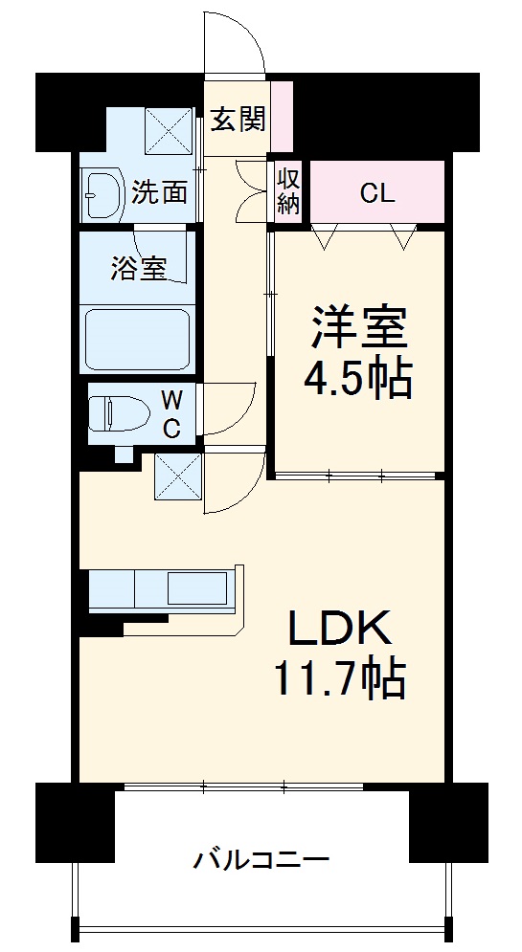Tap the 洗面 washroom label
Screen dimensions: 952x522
(159, 192)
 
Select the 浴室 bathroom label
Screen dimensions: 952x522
(138, 269)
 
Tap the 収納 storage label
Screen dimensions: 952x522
(288, 189)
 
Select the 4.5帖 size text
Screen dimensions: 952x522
(358, 380)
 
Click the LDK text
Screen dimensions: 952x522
(340, 631)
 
